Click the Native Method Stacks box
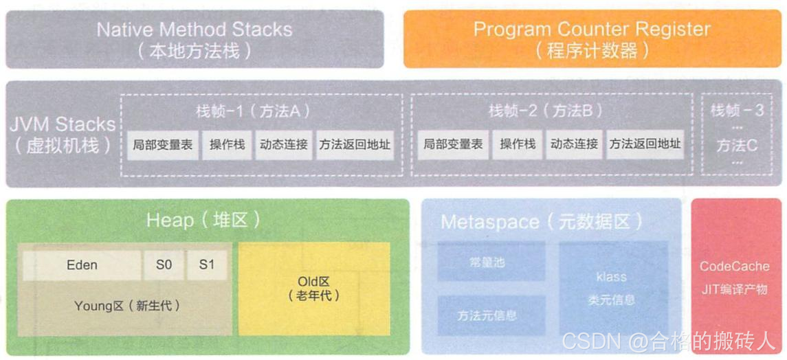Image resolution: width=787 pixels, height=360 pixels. click(x=195, y=39)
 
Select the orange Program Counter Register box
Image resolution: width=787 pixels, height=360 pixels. click(x=592, y=39)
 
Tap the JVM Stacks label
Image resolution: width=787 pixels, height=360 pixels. click(x=63, y=135)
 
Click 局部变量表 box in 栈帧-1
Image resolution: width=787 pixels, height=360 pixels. click(x=163, y=145)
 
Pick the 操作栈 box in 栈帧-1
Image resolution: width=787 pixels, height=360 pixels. click(x=228, y=145)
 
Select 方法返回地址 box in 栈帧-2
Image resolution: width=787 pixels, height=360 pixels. click(x=645, y=145)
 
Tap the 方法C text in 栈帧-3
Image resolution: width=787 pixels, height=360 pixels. click(x=737, y=146)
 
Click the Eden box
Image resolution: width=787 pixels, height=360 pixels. click(x=82, y=265)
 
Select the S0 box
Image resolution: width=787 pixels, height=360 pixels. click(x=164, y=265)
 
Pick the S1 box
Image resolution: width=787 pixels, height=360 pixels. click(x=207, y=265)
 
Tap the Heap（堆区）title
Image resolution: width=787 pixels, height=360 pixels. click(x=203, y=220)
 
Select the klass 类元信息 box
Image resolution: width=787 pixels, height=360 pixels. click(x=612, y=289)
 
